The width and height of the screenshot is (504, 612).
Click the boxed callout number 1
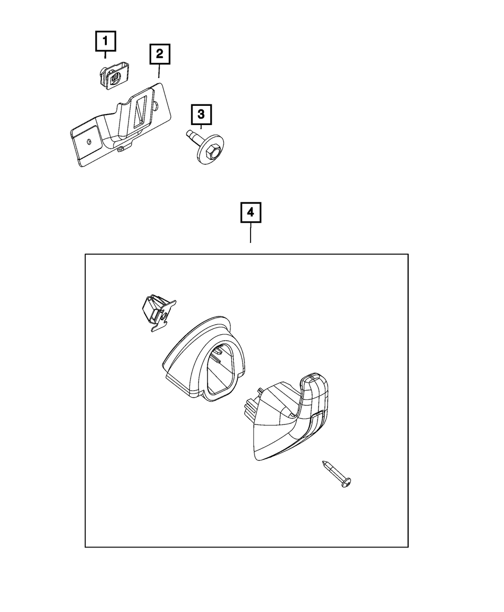click(x=105, y=41)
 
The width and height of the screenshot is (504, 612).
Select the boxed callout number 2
click(x=160, y=54)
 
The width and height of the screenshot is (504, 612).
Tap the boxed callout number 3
click(x=201, y=114)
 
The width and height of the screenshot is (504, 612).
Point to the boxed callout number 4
click(x=250, y=212)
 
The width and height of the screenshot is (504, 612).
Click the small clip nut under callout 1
click(x=113, y=76)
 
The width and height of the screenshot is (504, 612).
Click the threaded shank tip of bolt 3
click(x=188, y=134)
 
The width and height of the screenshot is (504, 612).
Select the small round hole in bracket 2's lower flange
click(x=89, y=142)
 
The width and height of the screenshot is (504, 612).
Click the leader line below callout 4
click(x=250, y=233)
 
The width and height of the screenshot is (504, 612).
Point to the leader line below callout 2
click(x=159, y=71)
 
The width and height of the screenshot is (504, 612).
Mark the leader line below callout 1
click(x=105, y=55)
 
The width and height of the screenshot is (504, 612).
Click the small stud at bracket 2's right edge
click(x=157, y=105)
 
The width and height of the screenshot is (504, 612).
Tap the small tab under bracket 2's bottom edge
click(x=120, y=150)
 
